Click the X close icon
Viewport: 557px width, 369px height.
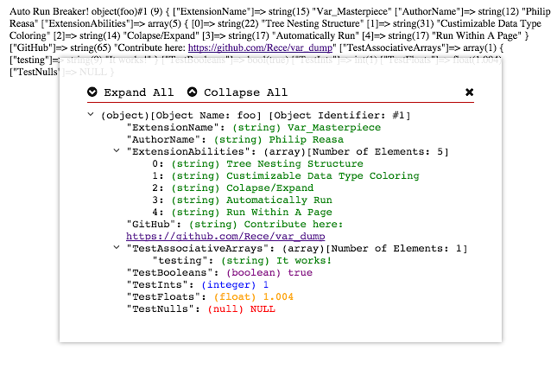(x=470, y=92)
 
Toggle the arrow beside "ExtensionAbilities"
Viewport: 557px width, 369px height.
(x=117, y=151)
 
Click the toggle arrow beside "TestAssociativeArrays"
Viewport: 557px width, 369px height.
(x=117, y=248)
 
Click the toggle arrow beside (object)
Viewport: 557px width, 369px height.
(x=92, y=115)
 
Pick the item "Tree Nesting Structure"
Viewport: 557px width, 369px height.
(x=282, y=163)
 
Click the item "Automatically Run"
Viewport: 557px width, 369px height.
(x=279, y=200)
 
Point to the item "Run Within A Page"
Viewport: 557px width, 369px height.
(x=279, y=212)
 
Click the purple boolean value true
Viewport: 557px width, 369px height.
(x=301, y=272)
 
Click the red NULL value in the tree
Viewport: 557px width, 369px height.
(x=263, y=309)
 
